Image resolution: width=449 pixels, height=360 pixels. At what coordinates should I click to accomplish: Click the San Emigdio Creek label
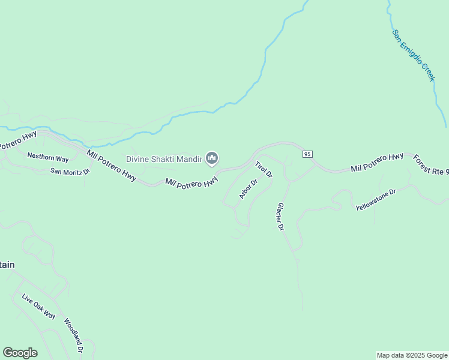414,55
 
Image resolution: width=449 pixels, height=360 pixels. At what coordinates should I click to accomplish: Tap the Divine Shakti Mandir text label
164,159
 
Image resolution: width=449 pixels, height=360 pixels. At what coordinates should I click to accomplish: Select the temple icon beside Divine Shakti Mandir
211,158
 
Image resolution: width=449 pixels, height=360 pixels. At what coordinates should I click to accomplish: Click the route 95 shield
307,154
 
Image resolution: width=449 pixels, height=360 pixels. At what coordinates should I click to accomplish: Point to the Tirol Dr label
264,169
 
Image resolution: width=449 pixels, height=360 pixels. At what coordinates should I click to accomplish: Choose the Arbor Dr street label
248,189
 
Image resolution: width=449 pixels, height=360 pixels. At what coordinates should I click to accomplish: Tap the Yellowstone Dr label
376,200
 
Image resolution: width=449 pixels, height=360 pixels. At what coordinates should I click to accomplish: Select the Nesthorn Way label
48,157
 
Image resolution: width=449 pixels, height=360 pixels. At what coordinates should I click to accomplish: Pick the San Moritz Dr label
70,171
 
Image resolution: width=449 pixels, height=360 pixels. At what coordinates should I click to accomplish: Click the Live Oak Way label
38,307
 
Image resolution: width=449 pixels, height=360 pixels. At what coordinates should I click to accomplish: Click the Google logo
20,353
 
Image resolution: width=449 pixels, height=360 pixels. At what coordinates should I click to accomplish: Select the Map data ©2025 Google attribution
412,355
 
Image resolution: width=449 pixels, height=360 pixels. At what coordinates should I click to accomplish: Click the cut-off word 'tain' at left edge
7,265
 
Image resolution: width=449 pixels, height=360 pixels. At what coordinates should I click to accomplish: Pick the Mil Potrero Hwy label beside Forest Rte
377,162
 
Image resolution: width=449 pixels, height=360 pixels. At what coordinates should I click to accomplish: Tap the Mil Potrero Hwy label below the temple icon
191,182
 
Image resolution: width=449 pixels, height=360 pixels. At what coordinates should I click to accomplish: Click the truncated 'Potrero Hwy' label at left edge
18,140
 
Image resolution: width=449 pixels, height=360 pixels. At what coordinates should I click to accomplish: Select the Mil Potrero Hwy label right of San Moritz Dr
112,166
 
